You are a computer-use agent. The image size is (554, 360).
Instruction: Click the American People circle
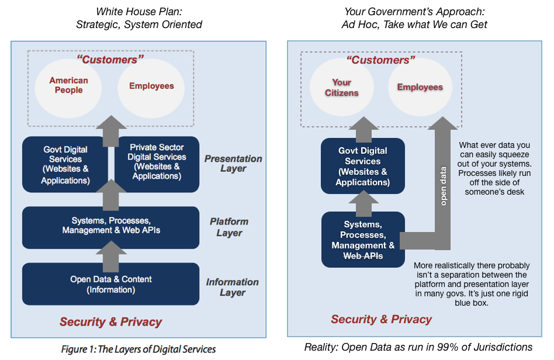[69, 86]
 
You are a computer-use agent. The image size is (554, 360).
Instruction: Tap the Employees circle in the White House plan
[151, 86]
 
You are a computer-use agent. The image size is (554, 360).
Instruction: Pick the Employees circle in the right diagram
[420, 88]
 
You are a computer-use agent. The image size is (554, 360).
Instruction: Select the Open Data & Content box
[110, 284]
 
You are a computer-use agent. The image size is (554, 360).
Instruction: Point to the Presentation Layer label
[233, 164]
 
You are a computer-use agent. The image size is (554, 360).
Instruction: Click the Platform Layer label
[228, 227]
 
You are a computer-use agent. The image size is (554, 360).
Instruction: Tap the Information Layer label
[232, 287]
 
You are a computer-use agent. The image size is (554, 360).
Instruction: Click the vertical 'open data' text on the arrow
[444, 184]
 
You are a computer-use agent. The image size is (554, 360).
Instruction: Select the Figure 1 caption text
[138, 349]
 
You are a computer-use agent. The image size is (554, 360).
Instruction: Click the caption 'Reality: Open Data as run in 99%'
[418, 347]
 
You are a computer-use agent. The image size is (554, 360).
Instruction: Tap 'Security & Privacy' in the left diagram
[110, 321]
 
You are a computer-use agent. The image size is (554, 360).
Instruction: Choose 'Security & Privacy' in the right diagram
[381, 319]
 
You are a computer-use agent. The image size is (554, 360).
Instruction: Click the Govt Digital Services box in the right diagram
[362, 166]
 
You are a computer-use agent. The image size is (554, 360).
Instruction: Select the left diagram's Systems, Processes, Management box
[110, 226]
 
